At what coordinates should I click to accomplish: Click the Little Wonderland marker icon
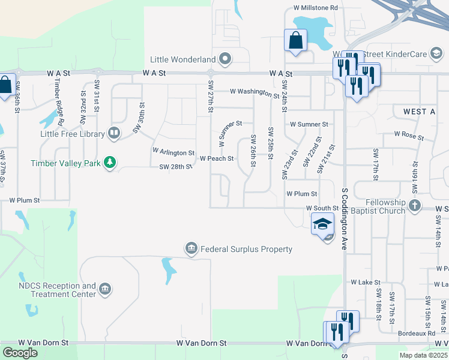[225, 59]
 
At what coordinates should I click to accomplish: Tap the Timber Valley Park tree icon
[110, 163]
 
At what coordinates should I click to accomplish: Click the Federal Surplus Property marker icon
[191, 248]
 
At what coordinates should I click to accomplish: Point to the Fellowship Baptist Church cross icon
[414, 206]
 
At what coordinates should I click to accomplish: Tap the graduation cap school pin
[322, 224]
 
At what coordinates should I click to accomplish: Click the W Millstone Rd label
[316, 8]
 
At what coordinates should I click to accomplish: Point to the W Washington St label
[255, 93]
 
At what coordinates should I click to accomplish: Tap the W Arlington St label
[173, 152]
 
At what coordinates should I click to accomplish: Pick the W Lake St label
[366, 282]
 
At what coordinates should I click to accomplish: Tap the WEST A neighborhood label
[415, 112]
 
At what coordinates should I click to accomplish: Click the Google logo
[20, 353]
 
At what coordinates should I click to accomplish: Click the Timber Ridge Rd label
[59, 103]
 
